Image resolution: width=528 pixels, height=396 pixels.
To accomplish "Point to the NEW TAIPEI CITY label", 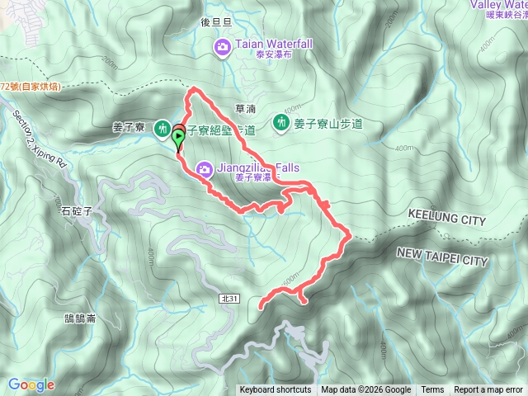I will coord(442,259).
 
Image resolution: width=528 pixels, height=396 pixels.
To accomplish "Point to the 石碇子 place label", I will coord(76,210).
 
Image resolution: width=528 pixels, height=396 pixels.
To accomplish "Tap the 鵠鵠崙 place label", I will coord(80,318).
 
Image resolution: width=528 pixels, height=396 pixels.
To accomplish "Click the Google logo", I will coord(31,384).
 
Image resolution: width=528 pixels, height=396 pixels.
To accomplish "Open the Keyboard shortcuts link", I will coord(276,390).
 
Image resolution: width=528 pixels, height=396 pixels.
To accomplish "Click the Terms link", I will coord(432,390).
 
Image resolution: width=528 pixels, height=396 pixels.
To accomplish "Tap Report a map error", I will coord(489,390).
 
